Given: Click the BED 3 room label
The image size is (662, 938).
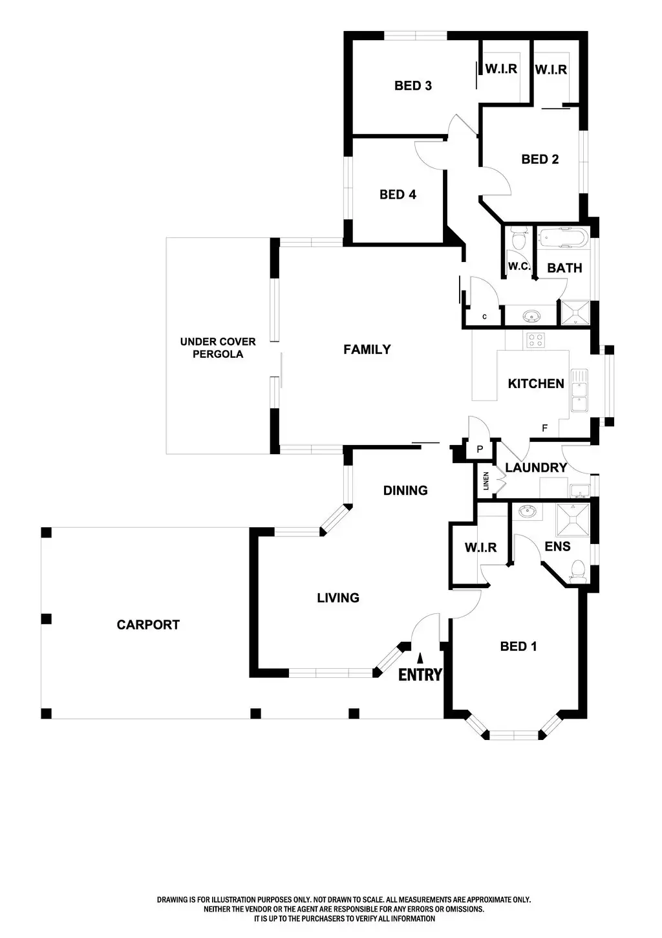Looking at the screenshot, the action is pos(412,85).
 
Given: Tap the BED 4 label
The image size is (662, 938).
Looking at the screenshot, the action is pos(398,194).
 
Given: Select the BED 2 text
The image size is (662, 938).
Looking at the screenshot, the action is pos(540,159).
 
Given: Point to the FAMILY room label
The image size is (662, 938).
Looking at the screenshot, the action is pos(367,349).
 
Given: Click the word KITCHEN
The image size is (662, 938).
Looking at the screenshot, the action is pos(536,384).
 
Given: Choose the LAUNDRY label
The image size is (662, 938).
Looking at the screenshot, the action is pos(536,467).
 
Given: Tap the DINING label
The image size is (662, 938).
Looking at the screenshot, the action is pos(405,490).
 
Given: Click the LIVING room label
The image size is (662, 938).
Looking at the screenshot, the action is pos(337,598).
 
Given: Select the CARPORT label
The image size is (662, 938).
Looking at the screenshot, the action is pos(148,625).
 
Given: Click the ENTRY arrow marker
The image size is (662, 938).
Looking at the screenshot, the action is pos(420,659).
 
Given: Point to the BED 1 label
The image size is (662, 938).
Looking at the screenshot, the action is pos(518,646).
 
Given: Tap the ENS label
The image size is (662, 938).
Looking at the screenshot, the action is pos(557,547).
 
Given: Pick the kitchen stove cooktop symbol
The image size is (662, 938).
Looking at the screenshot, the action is pos(535,340).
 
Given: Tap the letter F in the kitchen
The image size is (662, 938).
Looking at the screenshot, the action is pos(545,428).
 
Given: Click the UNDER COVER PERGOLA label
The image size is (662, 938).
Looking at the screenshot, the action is pos(217,348).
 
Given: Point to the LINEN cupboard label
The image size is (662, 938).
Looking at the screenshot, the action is pos(486,481).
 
